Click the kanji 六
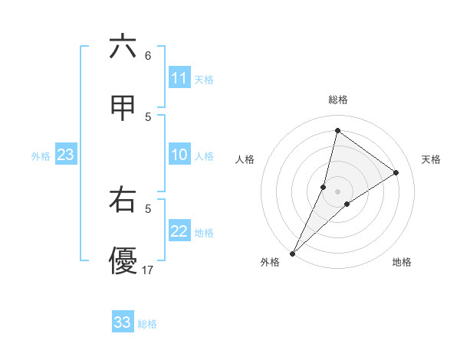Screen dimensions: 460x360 pos(123,47)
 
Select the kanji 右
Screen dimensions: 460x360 pos(123,201)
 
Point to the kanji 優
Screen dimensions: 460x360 pos(123,261)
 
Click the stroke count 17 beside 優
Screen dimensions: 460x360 pos(148,270)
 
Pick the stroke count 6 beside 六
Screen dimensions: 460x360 pos(148,56)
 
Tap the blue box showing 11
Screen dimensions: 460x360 pos(179,78)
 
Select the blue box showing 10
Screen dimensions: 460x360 pos(179,155)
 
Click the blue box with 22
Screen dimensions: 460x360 pos(179,231)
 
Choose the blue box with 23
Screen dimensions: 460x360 pos(65,155)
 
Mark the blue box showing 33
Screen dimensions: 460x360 pos(122,322)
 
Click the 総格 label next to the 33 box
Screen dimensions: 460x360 pos(147,324)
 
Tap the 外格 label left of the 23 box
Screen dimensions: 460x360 pos(41,156)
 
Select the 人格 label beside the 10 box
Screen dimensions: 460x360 pos(204,156)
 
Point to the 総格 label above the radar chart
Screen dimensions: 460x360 pos(338,100)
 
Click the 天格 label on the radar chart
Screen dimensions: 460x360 pos(432,159)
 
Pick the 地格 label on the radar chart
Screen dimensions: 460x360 pos(402,263)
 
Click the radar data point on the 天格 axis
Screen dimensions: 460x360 pos(396,172)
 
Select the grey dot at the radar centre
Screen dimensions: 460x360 pos(338,191)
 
